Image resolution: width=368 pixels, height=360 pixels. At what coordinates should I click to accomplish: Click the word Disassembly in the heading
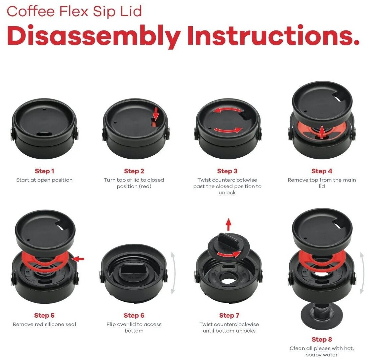(94, 36)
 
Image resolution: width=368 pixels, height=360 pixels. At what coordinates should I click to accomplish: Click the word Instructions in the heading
(273, 35)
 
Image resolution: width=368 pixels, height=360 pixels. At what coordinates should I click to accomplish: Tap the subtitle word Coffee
(30, 12)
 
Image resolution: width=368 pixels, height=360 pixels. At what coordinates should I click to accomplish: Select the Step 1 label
(44, 171)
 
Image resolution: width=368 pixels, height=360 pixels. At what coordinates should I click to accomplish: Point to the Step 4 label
(322, 171)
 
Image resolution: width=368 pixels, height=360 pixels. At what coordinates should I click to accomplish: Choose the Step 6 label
(134, 315)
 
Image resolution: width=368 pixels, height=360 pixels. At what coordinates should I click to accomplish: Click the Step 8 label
(322, 340)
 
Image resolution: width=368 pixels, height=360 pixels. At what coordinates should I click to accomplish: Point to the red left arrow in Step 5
(78, 259)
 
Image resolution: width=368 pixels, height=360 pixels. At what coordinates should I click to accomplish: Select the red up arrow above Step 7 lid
(228, 224)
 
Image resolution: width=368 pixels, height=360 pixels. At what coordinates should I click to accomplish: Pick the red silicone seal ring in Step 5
(45, 261)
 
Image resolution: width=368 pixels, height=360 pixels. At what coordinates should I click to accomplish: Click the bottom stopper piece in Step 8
(322, 316)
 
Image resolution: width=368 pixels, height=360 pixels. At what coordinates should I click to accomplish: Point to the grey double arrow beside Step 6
(173, 273)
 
